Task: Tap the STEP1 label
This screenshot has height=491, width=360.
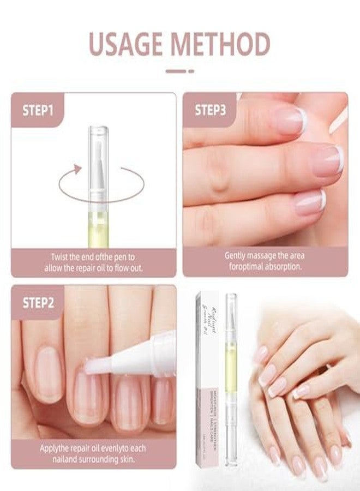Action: pyautogui.click(x=38, y=110)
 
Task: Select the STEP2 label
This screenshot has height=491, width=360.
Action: pyautogui.click(x=38, y=302)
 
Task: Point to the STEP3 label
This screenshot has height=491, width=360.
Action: pyautogui.click(x=210, y=110)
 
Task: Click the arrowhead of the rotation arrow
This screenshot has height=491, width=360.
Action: pyautogui.click(x=77, y=170)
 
